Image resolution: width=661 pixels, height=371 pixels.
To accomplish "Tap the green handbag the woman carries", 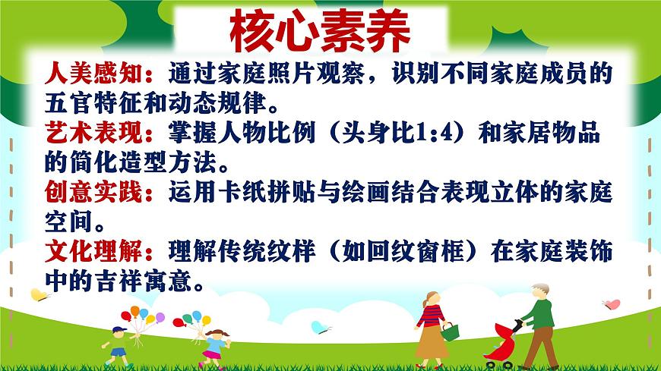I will pyautogui.click(x=450, y=331).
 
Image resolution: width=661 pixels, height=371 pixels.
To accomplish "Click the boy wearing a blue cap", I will pyautogui.click(x=118, y=345).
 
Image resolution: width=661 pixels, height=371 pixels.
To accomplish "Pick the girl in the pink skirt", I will pyautogui.click(x=214, y=347).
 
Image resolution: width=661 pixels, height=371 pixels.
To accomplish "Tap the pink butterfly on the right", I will pyautogui.click(x=611, y=304).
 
